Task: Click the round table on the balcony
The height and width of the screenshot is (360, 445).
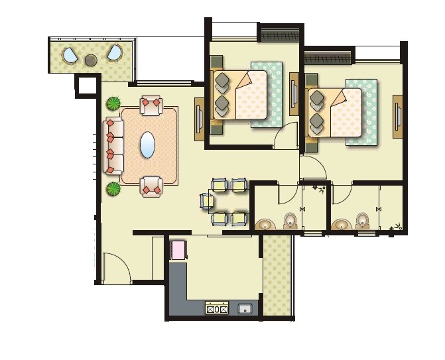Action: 91,60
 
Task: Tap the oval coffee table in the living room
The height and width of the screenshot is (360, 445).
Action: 149,144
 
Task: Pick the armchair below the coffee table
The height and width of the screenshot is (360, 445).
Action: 152,186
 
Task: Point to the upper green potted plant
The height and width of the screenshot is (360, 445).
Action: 114,103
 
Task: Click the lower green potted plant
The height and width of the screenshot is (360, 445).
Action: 114,188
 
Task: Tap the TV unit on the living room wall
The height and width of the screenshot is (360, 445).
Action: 199,119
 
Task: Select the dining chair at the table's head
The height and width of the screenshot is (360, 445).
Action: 206,200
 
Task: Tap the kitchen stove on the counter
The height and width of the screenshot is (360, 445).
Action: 218,308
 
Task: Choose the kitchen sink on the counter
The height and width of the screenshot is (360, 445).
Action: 245,308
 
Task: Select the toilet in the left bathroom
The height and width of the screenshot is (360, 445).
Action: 290,220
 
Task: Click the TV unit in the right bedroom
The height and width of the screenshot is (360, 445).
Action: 398,117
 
